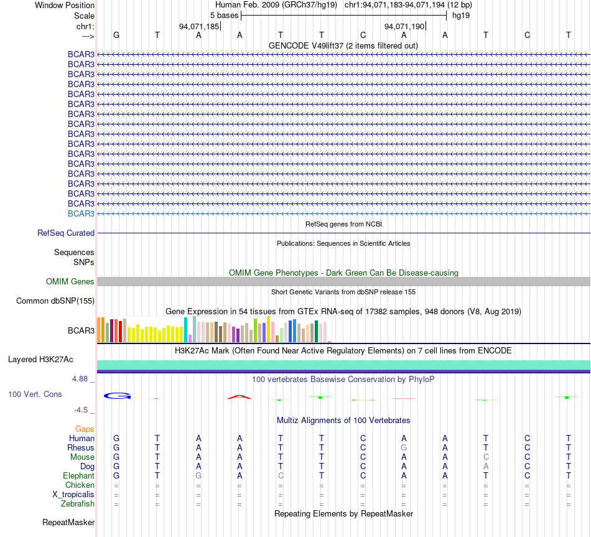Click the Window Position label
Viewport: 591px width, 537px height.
(65, 5)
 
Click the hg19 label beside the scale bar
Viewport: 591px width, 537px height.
(461, 16)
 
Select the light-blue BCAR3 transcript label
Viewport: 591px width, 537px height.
(81, 214)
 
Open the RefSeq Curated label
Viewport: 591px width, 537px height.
(66, 233)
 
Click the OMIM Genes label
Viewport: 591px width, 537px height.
(70, 282)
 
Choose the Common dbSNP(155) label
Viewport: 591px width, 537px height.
(55, 301)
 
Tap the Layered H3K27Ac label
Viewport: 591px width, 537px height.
(40, 360)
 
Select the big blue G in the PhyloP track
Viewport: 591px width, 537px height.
(117, 396)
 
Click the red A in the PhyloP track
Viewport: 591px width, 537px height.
(240, 397)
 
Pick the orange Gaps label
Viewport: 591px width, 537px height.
(85, 429)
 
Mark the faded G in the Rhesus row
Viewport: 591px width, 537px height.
(404, 447)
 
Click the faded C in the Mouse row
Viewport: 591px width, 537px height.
(486, 457)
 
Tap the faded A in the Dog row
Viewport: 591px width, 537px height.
(486, 467)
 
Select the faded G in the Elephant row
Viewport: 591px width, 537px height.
(198, 476)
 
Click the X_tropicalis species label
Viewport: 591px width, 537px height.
(73, 495)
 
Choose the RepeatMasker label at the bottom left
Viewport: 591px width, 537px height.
(68, 522)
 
